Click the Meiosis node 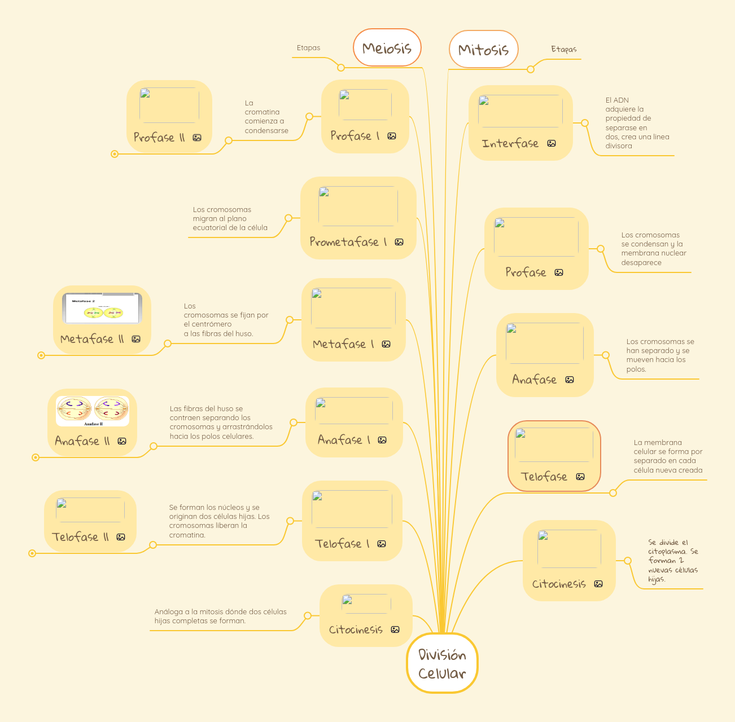[x=387, y=47]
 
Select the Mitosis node [x=483, y=49]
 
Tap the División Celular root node [x=442, y=663]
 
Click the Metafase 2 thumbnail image [x=102, y=308]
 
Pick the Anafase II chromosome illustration [x=93, y=411]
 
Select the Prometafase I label [x=348, y=242]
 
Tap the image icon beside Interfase [x=552, y=144]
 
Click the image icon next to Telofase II [x=121, y=537]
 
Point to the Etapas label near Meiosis [x=308, y=48]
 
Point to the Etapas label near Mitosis [x=564, y=49]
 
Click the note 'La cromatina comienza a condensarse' [x=266, y=117]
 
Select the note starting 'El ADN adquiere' [x=637, y=123]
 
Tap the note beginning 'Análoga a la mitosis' [x=221, y=616]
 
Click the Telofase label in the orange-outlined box [x=544, y=477]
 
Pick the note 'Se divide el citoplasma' [x=673, y=561]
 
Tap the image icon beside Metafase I [x=386, y=344]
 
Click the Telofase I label [x=342, y=544]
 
